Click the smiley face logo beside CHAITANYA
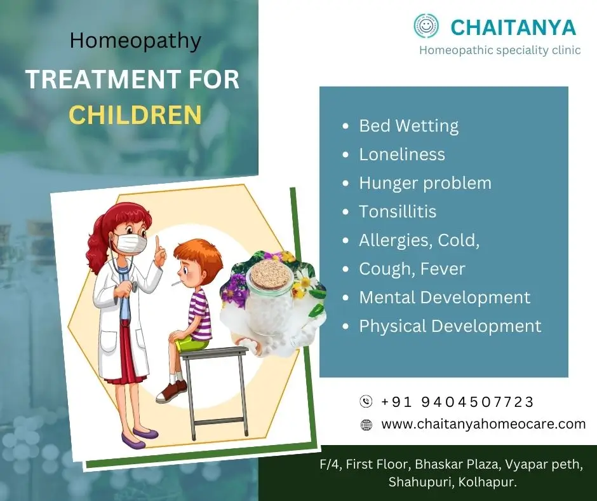point(426,26)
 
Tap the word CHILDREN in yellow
point(135,114)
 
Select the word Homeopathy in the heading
point(135,41)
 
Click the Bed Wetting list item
point(408,126)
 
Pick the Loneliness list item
point(402,154)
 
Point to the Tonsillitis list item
point(398,212)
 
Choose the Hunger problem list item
point(426,183)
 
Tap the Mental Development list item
point(445,298)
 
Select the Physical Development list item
point(450,326)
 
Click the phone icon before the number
point(366,401)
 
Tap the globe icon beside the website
point(366,425)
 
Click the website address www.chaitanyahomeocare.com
point(483,424)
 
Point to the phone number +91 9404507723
point(457,402)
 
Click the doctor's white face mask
point(131,244)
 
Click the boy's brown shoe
point(171,391)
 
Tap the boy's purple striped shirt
point(199,315)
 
